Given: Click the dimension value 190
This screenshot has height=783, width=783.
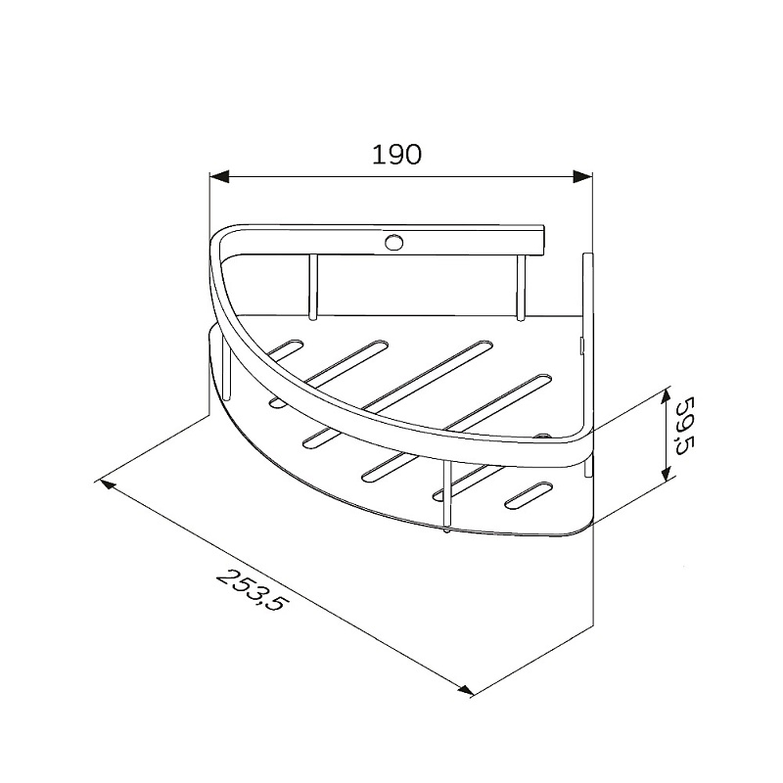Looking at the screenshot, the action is [397, 155].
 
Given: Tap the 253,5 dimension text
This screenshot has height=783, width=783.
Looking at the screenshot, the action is [252, 590].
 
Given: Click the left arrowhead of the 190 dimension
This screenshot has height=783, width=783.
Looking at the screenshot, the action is [219, 177].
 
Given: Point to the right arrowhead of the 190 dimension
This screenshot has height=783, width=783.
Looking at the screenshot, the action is [582, 177].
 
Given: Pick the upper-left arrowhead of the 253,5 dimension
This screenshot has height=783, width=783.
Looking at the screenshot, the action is [109, 485].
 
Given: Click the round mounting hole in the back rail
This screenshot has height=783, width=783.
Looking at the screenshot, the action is [393, 242].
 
